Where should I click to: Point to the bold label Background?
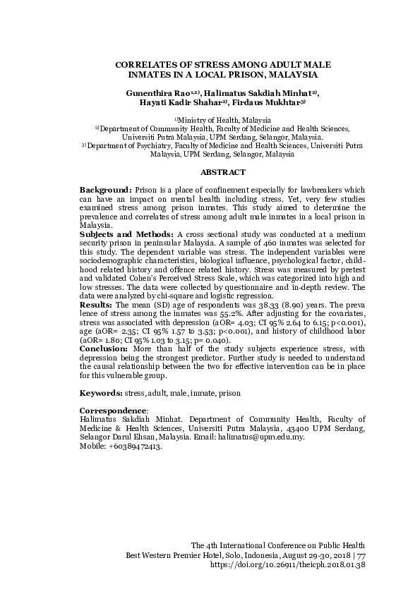coord(105,190)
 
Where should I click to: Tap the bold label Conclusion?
coord(102,348)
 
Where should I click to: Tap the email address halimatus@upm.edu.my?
coord(262,437)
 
